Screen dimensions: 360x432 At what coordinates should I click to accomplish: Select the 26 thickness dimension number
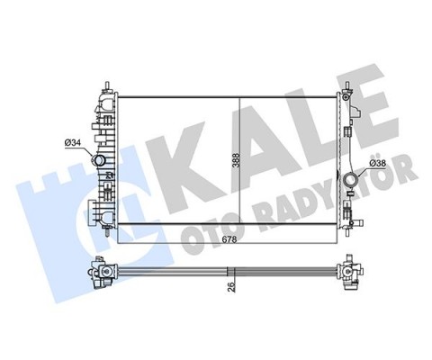tap(233, 288)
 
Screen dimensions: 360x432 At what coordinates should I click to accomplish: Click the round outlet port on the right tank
tap(349, 175)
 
